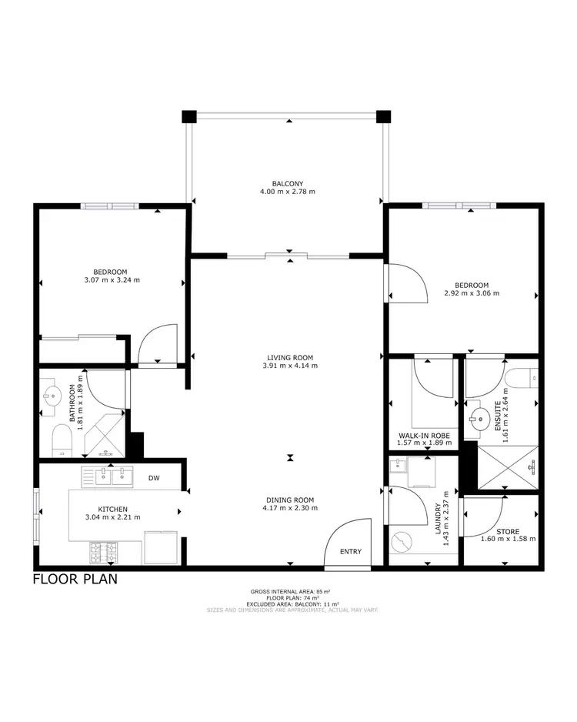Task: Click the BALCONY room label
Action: pyautogui.click(x=288, y=183)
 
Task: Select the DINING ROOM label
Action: pyautogui.click(x=289, y=500)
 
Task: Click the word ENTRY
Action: pyautogui.click(x=350, y=551)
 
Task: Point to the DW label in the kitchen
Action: pyautogui.click(x=154, y=479)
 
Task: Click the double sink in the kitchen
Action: pyautogui.click(x=113, y=476)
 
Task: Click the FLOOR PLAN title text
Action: pyautogui.click(x=75, y=580)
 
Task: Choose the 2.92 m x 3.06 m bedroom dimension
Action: pyautogui.click(x=472, y=293)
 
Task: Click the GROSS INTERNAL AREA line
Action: pyautogui.click(x=292, y=591)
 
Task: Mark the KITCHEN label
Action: pyautogui.click(x=112, y=509)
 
